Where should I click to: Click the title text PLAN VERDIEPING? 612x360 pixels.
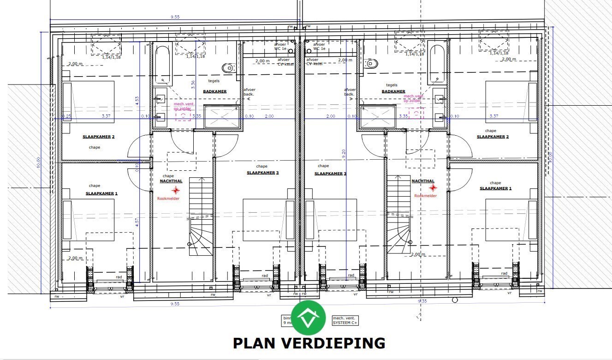tap(309, 343)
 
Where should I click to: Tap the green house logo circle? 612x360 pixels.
tap(309, 318)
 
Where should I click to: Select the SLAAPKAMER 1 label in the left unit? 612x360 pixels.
tap(101, 193)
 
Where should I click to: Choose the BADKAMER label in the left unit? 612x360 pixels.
tap(214, 91)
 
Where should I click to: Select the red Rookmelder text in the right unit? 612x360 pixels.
tap(425, 196)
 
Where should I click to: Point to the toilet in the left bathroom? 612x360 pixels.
tap(228, 68)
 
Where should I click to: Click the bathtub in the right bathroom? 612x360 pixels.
tap(436, 63)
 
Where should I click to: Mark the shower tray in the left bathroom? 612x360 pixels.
tap(222, 117)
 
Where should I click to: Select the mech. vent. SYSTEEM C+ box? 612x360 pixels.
tap(345, 320)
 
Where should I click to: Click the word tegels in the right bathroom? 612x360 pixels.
tap(392, 85)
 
